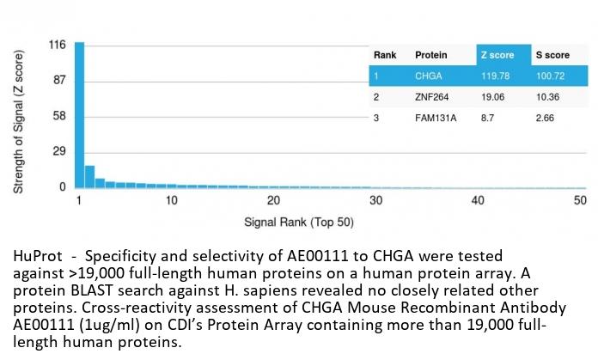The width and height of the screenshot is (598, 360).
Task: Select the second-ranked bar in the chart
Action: point(89,176)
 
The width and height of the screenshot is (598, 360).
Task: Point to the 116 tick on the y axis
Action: point(58,45)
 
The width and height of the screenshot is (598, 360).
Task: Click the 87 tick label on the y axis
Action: point(59,81)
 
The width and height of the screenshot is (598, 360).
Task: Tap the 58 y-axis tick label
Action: point(59,116)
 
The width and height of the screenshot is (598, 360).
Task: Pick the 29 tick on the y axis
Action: point(59,151)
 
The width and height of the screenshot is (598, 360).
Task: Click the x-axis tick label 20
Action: point(273,200)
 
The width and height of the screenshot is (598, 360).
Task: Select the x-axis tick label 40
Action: point(478,200)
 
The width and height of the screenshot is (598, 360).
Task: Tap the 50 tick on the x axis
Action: point(580,200)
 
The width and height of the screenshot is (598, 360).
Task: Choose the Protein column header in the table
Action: point(430,56)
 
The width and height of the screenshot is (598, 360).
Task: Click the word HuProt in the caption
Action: point(34,257)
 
